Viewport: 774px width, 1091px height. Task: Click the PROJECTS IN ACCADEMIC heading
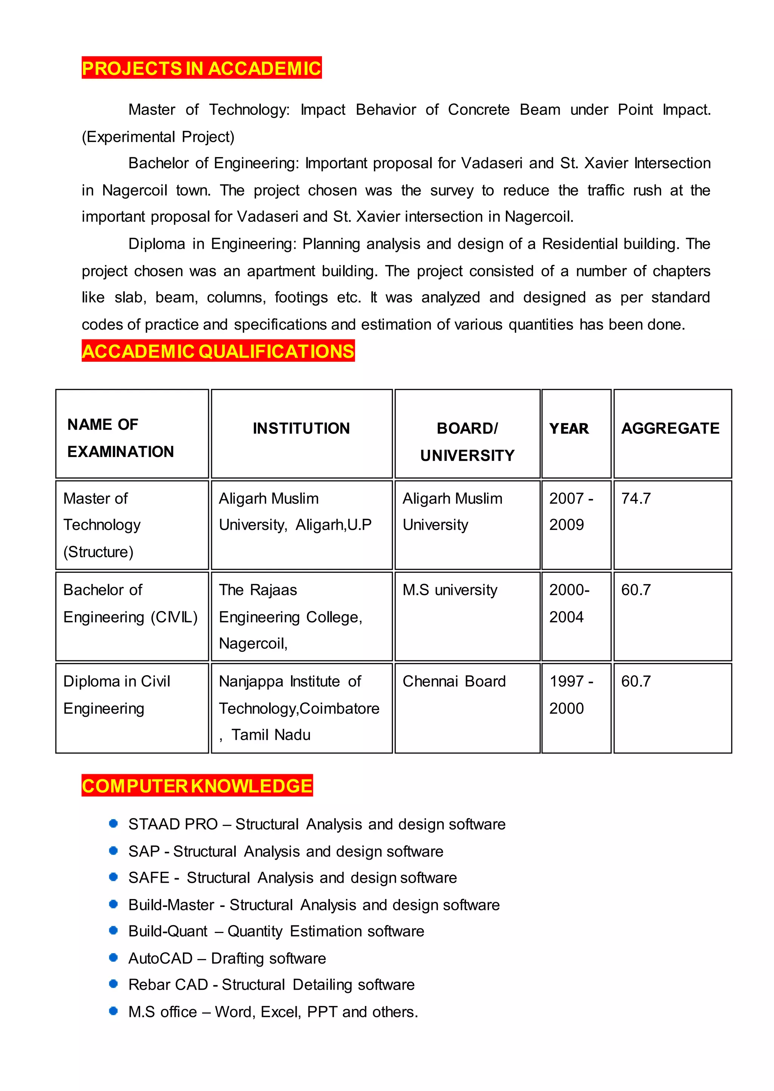tap(201, 68)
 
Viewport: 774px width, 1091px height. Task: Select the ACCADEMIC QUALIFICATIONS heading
tap(218, 351)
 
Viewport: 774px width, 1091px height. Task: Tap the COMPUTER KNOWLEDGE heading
tap(197, 786)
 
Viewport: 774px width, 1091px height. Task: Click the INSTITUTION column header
tap(301, 428)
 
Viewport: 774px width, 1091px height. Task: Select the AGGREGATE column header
tap(670, 428)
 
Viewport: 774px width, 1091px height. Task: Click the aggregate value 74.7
tap(636, 499)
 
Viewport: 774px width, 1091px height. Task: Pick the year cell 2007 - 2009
tap(571, 511)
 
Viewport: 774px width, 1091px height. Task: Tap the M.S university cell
tap(449, 590)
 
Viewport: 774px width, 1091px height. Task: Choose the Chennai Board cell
tap(454, 682)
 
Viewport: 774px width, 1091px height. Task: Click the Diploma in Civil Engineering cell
tap(116, 694)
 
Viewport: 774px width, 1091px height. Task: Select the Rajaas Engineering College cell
tap(290, 616)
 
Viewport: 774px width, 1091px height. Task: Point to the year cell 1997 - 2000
tap(571, 694)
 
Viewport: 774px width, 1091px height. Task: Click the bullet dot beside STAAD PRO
tap(113, 824)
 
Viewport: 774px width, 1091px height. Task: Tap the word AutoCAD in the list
tap(160, 958)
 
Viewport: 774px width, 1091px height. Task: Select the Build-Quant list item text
tap(276, 931)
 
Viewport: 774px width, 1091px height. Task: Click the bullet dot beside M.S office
tap(113, 1011)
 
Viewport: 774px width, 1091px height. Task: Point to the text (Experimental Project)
tap(158, 137)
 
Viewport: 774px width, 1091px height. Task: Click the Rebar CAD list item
tap(271, 985)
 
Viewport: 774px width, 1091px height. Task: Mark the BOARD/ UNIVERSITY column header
tap(467, 442)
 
